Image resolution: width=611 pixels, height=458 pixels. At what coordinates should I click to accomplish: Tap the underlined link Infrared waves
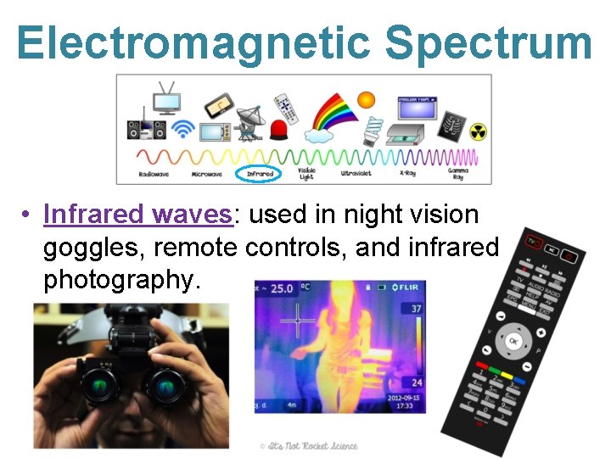point(137,215)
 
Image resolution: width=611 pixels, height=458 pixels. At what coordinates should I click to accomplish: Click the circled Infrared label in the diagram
point(260,173)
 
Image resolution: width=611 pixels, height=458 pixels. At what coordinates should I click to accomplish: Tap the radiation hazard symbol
point(479,132)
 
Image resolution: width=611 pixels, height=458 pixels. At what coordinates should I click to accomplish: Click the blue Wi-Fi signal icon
point(182,129)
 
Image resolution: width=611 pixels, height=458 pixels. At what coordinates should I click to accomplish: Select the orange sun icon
point(366,100)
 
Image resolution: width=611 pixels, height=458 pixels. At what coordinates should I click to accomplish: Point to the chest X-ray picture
point(451,127)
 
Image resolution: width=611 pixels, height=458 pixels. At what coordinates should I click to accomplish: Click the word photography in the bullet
point(122,279)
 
